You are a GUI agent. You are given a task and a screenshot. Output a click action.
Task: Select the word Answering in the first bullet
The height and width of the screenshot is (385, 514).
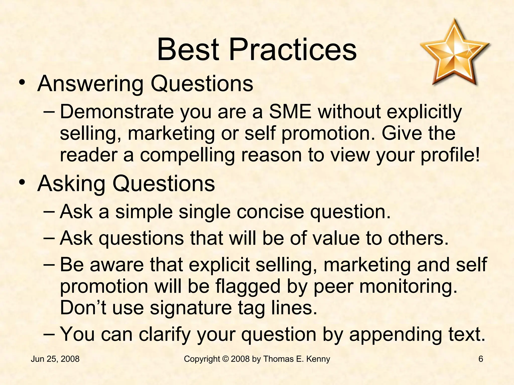90,84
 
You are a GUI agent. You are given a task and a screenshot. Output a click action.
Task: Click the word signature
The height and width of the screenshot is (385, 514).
191,308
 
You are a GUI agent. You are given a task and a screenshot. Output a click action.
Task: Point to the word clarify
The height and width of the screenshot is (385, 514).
165,335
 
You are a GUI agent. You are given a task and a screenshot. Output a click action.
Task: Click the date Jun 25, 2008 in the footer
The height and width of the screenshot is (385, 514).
55,359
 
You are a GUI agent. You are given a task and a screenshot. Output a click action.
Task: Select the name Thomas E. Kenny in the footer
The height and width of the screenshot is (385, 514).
297,359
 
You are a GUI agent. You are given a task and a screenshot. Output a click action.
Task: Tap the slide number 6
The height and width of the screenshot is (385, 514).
481,359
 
